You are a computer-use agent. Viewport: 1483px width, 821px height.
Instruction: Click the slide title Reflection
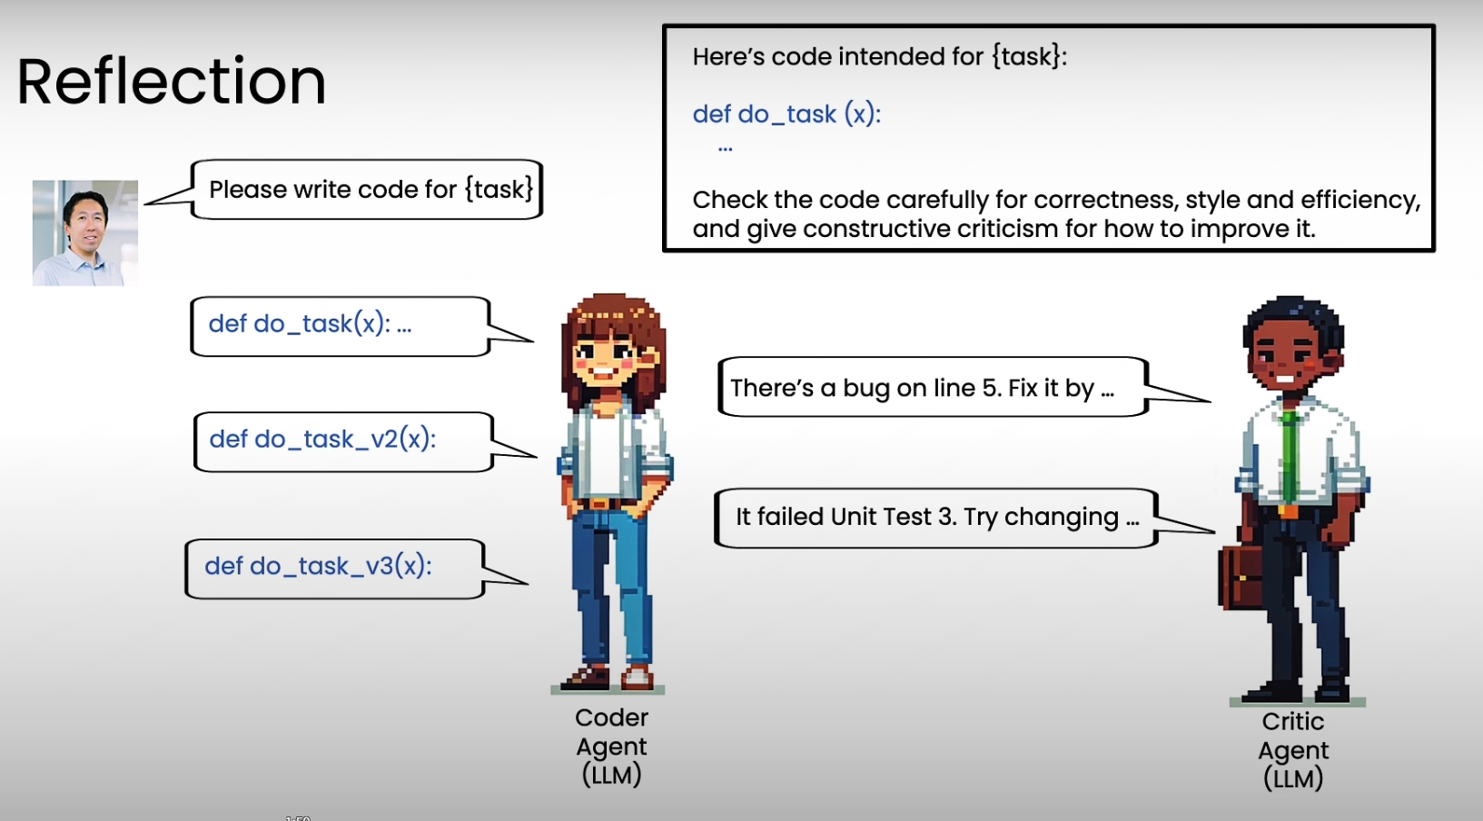[x=172, y=82]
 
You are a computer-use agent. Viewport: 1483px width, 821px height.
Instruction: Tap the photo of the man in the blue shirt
[x=85, y=233]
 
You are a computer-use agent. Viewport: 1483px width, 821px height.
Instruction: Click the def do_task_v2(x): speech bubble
[x=365, y=441]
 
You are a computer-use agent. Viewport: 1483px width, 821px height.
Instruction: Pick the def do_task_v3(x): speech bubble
[x=356, y=569]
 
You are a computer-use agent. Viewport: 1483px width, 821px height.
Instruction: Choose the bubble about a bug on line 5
[x=964, y=387]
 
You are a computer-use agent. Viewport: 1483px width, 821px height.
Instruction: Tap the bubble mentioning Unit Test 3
[x=964, y=518]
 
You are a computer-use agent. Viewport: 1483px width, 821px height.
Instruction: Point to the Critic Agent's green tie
[x=1289, y=457]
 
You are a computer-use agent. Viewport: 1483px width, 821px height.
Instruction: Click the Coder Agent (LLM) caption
[x=611, y=747]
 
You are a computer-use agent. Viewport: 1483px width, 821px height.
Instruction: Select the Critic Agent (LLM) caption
[x=1293, y=750]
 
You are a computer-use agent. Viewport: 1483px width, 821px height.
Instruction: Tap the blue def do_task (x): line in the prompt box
[x=786, y=114]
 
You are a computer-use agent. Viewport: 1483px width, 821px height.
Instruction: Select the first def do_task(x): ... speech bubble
[x=361, y=326]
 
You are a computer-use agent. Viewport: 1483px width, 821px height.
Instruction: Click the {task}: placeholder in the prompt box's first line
[x=1030, y=57]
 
